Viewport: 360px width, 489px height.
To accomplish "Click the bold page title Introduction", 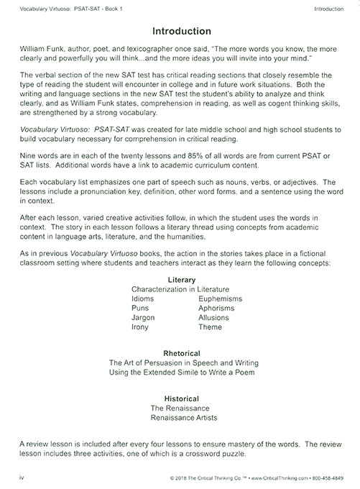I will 181,32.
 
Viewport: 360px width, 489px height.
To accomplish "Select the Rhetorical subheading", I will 181,353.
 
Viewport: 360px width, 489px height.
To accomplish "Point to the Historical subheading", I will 181,398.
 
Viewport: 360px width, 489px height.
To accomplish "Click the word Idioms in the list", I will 143,298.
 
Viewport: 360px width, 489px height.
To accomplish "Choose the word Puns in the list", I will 140,308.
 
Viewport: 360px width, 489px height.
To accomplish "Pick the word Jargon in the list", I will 143,317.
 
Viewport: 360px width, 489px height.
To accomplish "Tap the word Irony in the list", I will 141,327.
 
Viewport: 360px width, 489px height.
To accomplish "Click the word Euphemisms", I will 220,298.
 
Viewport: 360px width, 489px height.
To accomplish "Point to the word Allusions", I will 213,317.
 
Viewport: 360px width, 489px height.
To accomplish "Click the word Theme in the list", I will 210,327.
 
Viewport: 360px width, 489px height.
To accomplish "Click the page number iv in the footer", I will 21,477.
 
